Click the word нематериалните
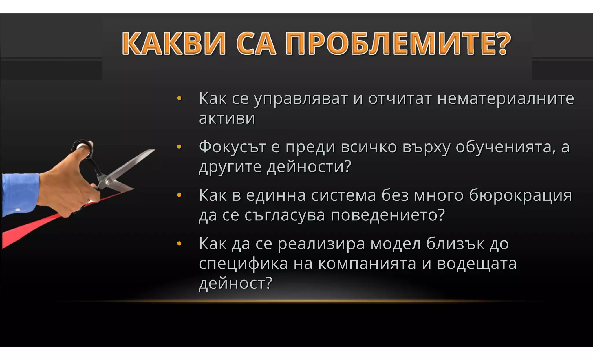tap(506, 98)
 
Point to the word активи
tap(227, 118)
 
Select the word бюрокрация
tap(520, 195)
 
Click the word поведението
tap(387, 215)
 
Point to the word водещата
tap(477, 264)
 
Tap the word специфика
tap(243, 264)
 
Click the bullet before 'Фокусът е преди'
tap(179, 147)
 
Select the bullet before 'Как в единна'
tap(179, 195)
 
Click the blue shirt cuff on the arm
tap(20, 194)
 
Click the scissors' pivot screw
tap(107, 182)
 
